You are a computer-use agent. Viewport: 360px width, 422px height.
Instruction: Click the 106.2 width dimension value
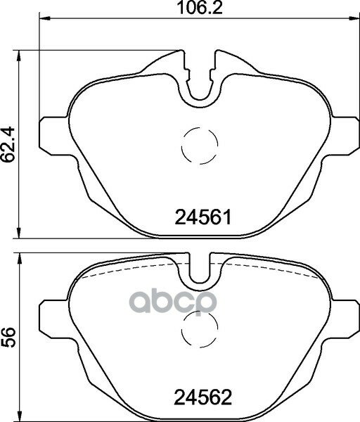[200, 8]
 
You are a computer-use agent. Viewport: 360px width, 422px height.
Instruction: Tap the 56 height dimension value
[8, 338]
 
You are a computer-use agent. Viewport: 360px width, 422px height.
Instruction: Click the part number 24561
[203, 217]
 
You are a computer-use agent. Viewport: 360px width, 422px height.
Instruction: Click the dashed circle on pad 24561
[200, 146]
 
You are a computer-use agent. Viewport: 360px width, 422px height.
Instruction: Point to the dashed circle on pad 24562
[200, 329]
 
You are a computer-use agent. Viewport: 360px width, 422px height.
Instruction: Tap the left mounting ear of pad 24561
[55, 136]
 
